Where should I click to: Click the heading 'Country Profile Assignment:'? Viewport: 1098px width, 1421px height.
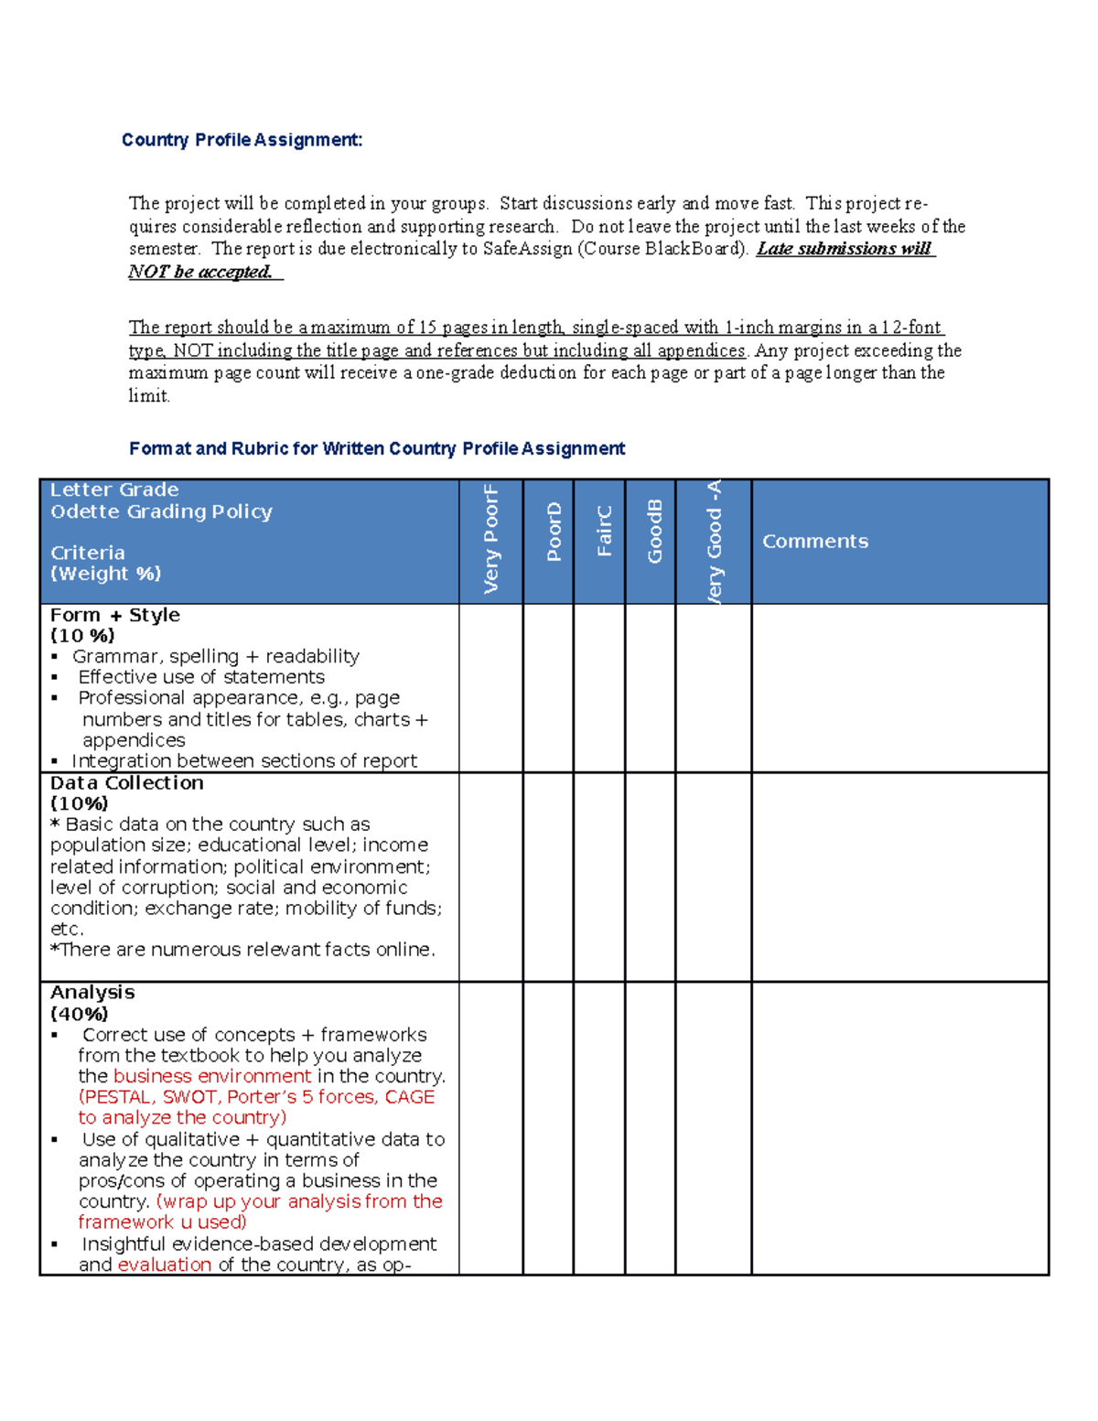(x=242, y=140)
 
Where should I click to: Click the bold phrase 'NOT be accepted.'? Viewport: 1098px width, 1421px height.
(x=200, y=272)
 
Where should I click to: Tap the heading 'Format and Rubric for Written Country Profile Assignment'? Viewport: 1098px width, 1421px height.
(x=377, y=448)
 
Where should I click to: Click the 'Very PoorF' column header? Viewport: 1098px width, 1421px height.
(x=491, y=540)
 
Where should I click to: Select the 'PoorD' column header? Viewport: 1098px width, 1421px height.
(x=554, y=532)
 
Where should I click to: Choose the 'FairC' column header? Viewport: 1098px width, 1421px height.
(x=604, y=532)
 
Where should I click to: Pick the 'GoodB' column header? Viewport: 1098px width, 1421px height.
(x=654, y=532)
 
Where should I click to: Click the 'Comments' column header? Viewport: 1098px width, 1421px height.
(x=815, y=542)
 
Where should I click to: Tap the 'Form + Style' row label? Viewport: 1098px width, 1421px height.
(x=115, y=615)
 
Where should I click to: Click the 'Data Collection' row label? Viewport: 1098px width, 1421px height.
(x=127, y=783)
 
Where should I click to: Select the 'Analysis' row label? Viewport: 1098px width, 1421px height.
(x=92, y=993)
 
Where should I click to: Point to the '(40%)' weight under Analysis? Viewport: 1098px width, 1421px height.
(x=80, y=1014)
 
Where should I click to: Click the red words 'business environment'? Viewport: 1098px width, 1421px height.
(x=212, y=1076)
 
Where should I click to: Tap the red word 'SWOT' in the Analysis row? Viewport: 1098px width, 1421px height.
(x=189, y=1097)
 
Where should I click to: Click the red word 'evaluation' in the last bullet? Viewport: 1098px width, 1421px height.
(x=165, y=1265)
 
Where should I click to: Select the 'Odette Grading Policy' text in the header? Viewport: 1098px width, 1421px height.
(x=161, y=511)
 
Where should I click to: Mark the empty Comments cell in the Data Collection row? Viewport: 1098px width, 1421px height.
(x=899, y=877)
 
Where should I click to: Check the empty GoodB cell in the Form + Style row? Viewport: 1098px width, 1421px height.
(x=650, y=688)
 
